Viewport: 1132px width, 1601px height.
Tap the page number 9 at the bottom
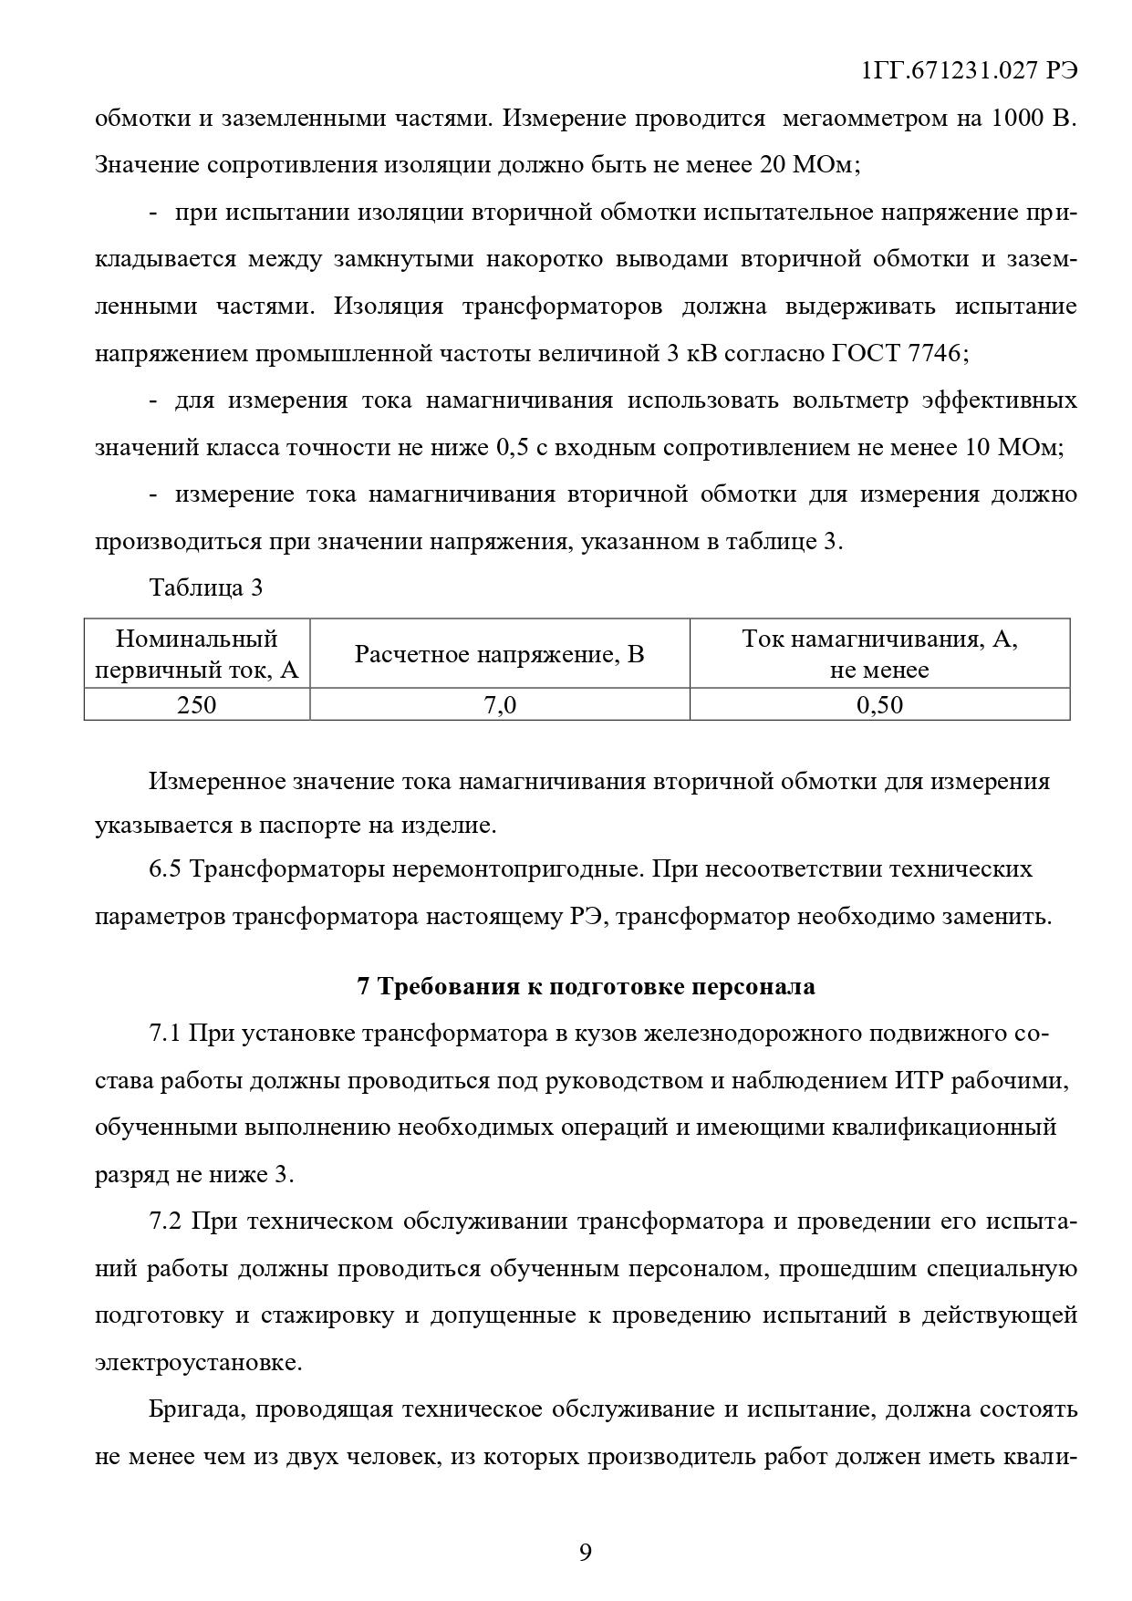tap(585, 1552)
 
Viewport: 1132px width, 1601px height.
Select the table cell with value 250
tap(197, 704)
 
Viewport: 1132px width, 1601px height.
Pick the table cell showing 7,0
tap(499, 704)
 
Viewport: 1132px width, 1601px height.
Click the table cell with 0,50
tap(879, 704)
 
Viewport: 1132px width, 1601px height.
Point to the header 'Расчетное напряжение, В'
tap(499, 654)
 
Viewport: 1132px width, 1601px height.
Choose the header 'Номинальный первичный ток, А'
tap(197, 654)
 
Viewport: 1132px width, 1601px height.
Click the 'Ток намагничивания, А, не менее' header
tap(879, 654)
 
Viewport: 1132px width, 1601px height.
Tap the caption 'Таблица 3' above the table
tap(206, 588)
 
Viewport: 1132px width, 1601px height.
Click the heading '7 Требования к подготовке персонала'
tap(586, 986)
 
